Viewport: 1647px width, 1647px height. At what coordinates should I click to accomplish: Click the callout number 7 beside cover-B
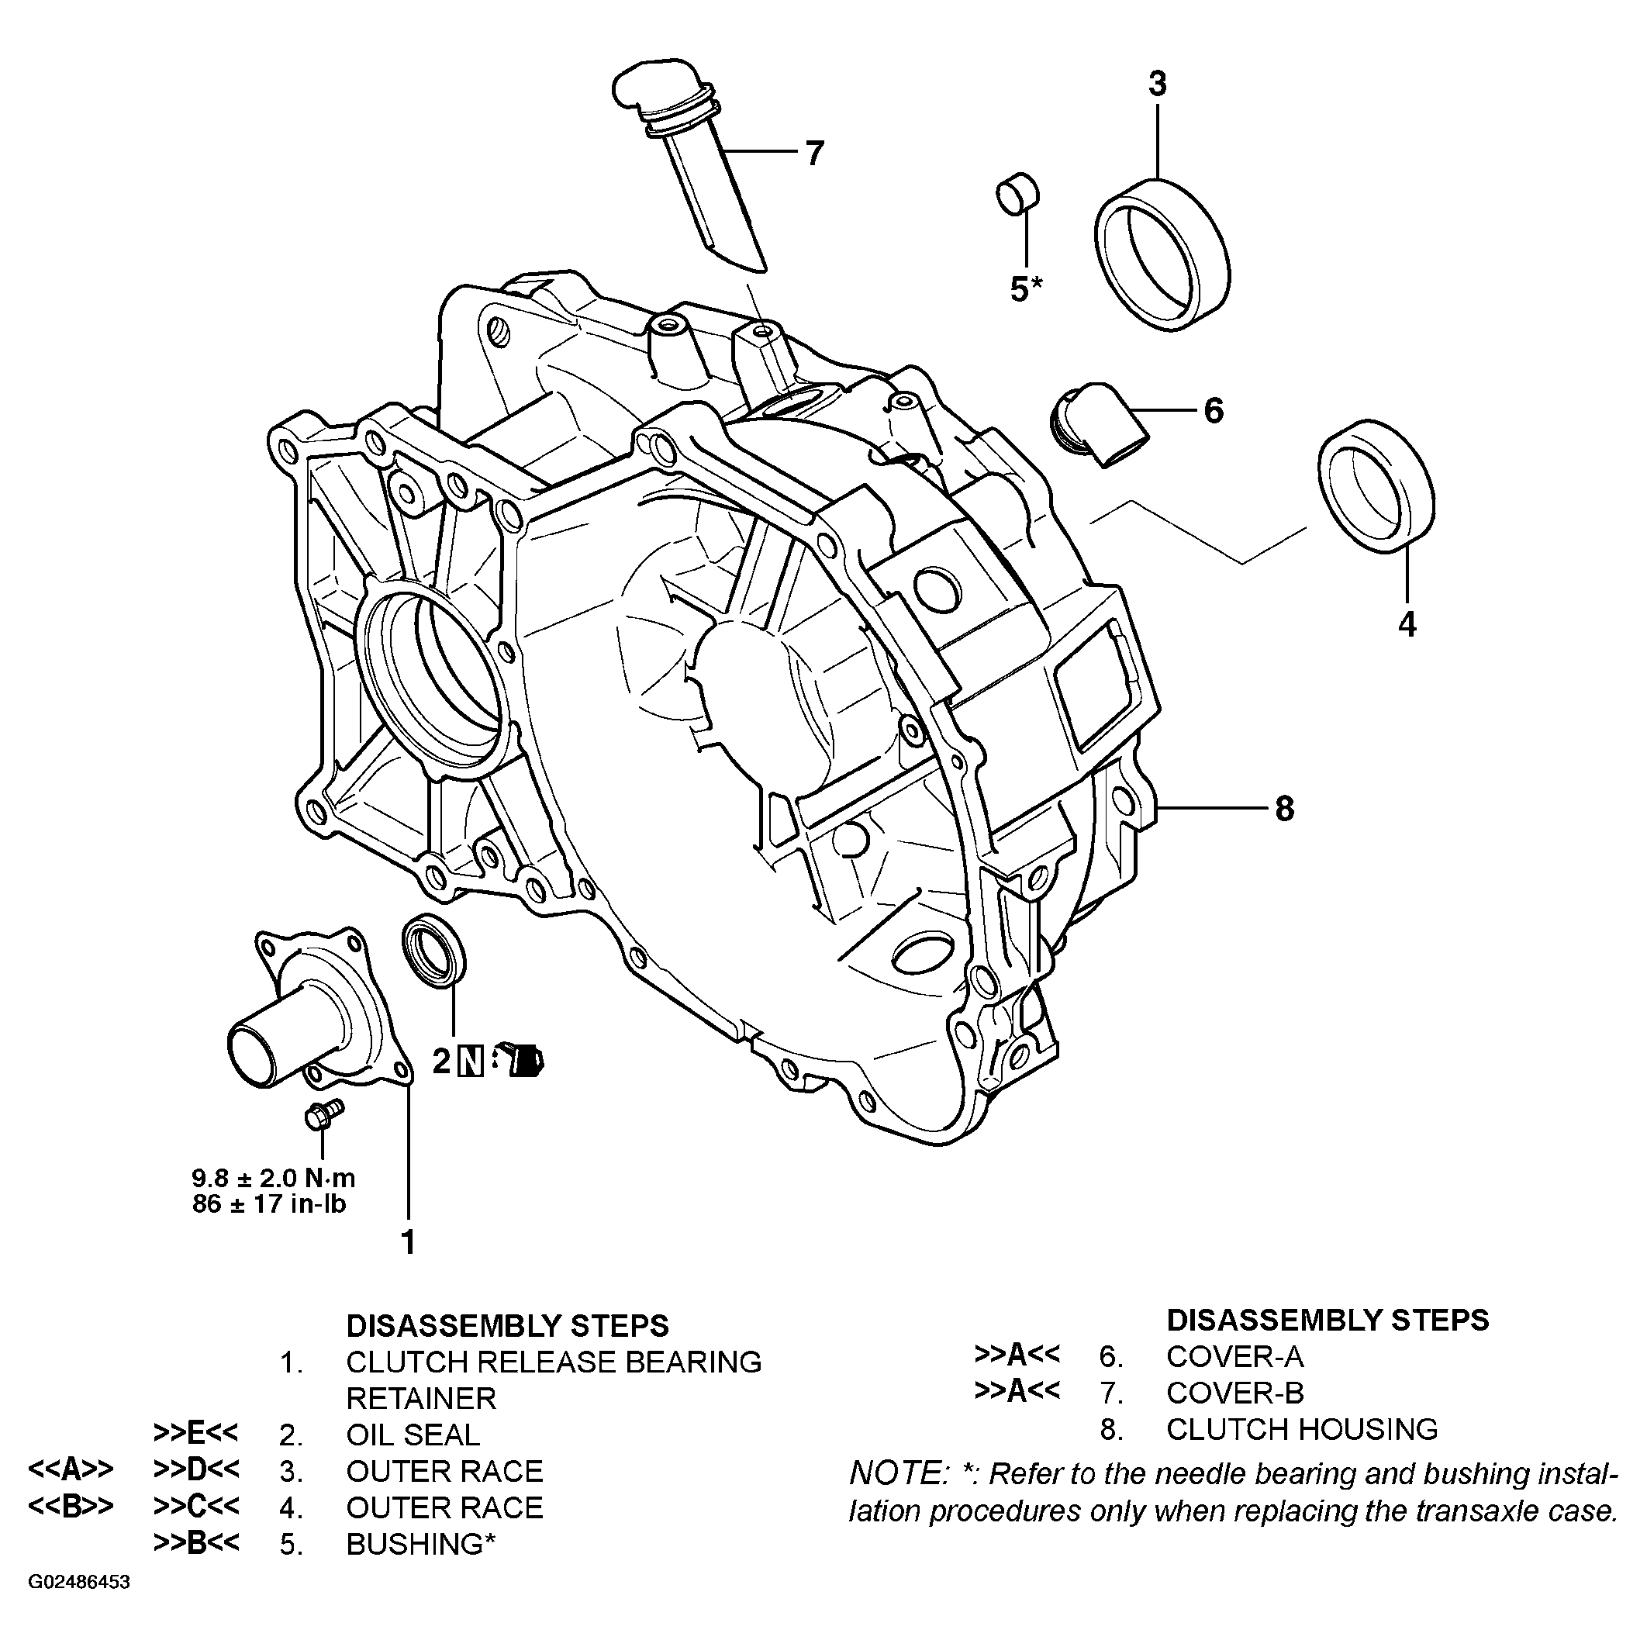click(814, 154)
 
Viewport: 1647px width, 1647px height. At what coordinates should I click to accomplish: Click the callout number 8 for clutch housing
click(1285, 808)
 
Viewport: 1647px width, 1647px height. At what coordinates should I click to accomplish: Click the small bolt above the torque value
click(323, 1114)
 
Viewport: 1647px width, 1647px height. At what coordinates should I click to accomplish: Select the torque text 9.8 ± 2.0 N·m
click(273, 1179)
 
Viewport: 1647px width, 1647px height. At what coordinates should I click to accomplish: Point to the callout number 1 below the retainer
click(409, 1242)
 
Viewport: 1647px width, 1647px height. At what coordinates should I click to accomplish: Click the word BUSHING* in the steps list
click(420, 1544)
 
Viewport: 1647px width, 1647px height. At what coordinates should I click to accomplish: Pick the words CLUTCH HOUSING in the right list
click(1301, 1429)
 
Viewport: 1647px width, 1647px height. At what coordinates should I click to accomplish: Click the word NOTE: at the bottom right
click(899, 1473)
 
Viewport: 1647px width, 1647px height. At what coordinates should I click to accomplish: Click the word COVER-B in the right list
click(1234, 1393)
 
